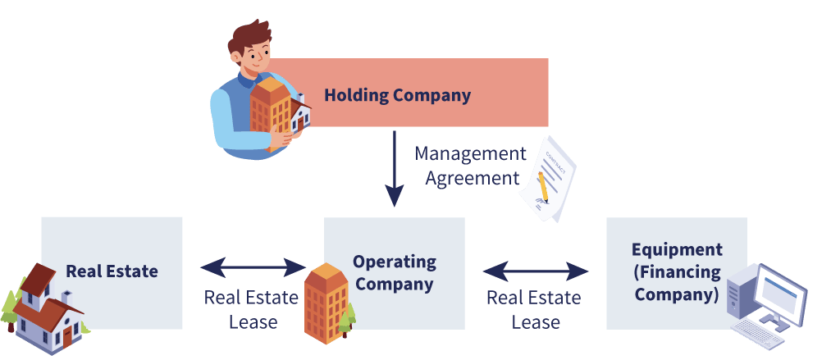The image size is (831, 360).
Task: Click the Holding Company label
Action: [x=397, y=95]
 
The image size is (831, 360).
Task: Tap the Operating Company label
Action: [x=394, y=273]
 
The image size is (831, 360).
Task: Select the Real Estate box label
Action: [x=112, y=271]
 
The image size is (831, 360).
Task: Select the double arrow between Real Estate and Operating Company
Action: [x=253, y=267]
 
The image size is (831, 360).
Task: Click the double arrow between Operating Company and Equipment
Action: [x=535, y=271]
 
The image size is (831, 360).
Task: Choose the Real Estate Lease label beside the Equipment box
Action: [x=534, y=309]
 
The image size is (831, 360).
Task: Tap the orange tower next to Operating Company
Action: [x=326, y=303]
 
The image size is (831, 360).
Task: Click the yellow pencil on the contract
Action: [x=542, y=186]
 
